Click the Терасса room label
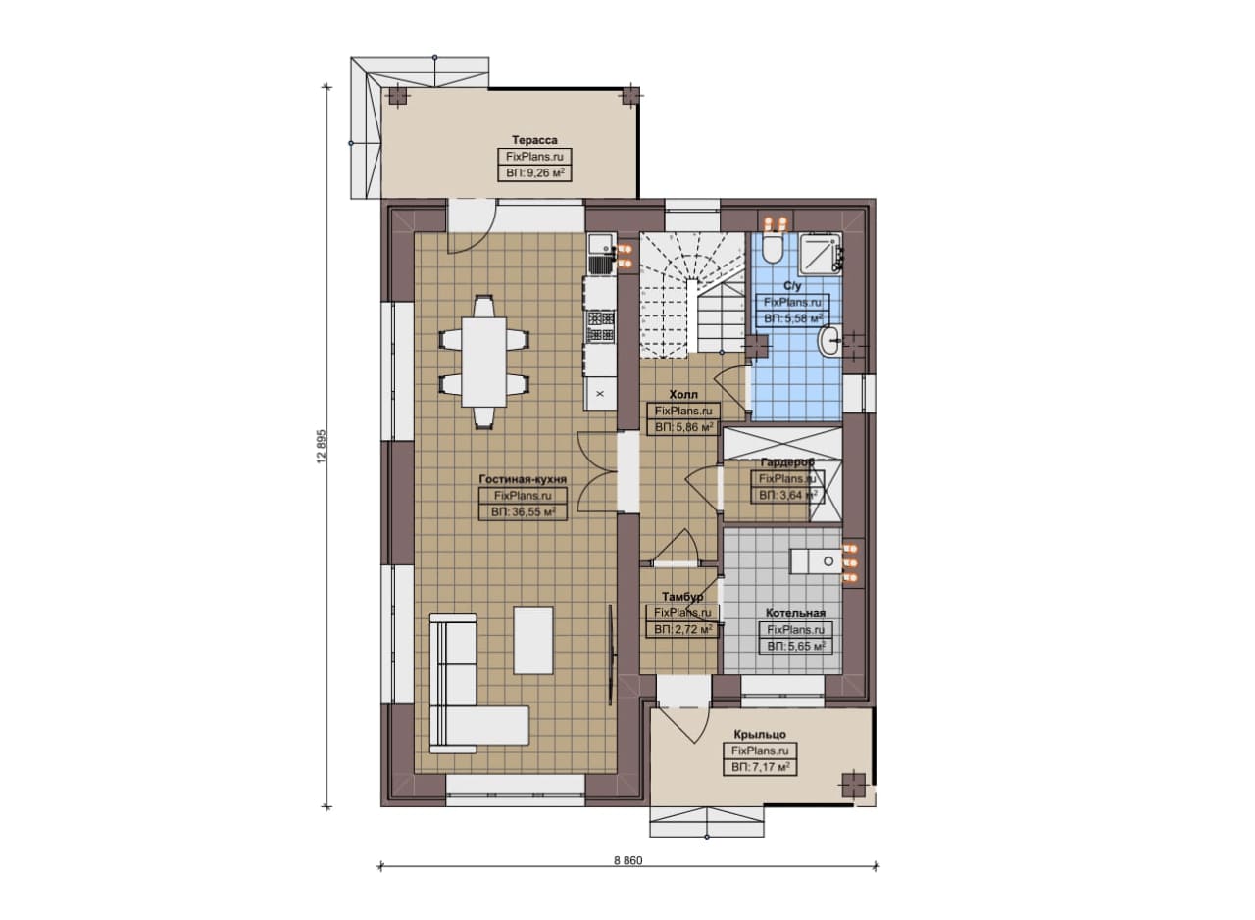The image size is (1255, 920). (x=534, y=140)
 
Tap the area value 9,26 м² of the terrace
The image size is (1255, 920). (x=535, y=173)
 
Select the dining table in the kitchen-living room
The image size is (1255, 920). (x=484, y=362)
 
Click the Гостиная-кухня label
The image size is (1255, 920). (x=523, y=479)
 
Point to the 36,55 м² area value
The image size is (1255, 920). (x=524, y=511)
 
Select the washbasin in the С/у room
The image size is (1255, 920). (x=829, y=340)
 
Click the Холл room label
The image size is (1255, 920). (x=683, y=395)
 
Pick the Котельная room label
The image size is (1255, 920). (x=795, y=613)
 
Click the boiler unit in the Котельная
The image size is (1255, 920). (x=817, y=561)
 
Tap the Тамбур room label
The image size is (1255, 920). (x=682, y=597)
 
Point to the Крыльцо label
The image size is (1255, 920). (x=760, y=734)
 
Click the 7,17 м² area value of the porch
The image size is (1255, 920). (x=760, y=767)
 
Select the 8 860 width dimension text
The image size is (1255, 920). (x=628, y=860)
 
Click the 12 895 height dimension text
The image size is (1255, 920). (x=321, y=446)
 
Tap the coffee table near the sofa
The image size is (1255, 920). (x=533, y=641)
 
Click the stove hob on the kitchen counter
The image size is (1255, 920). (x=601, y=327)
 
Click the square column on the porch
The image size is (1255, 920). (x=853, y=784)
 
